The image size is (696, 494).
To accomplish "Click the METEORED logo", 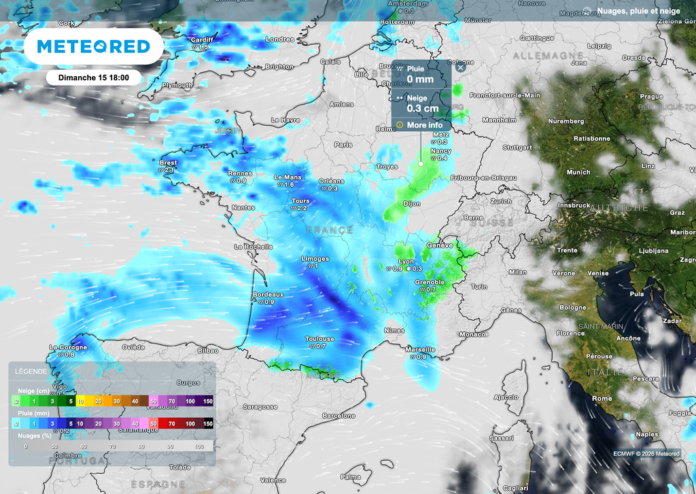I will coord(93,46).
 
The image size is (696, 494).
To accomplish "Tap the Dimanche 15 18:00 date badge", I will coord(94,77).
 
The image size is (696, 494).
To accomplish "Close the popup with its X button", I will coord(460,67).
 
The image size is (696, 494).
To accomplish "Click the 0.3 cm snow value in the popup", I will coord(422,109).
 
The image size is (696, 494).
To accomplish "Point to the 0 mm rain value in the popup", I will coord(420,80).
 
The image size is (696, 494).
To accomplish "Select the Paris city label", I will coord(343,145).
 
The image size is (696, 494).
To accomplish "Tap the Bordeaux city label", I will coord(268,294).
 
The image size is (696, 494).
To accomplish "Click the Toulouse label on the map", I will coord(319,338).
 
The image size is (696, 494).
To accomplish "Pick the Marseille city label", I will coord(420,349).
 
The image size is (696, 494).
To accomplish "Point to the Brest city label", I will coord(168,163).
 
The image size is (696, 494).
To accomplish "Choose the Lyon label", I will coord(406,262).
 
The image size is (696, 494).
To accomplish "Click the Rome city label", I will coord(602,398).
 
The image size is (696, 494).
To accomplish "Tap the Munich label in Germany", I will coord(578,173).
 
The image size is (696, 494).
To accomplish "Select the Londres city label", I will coord(279,39).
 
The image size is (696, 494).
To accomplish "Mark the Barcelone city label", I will coord(338,415).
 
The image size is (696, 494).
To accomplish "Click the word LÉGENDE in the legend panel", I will coord(31,372).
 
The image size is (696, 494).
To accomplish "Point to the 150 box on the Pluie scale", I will coord(208,423).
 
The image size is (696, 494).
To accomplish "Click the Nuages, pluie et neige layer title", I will coord(635,11).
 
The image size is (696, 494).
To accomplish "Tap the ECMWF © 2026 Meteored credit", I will coord(646,453).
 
